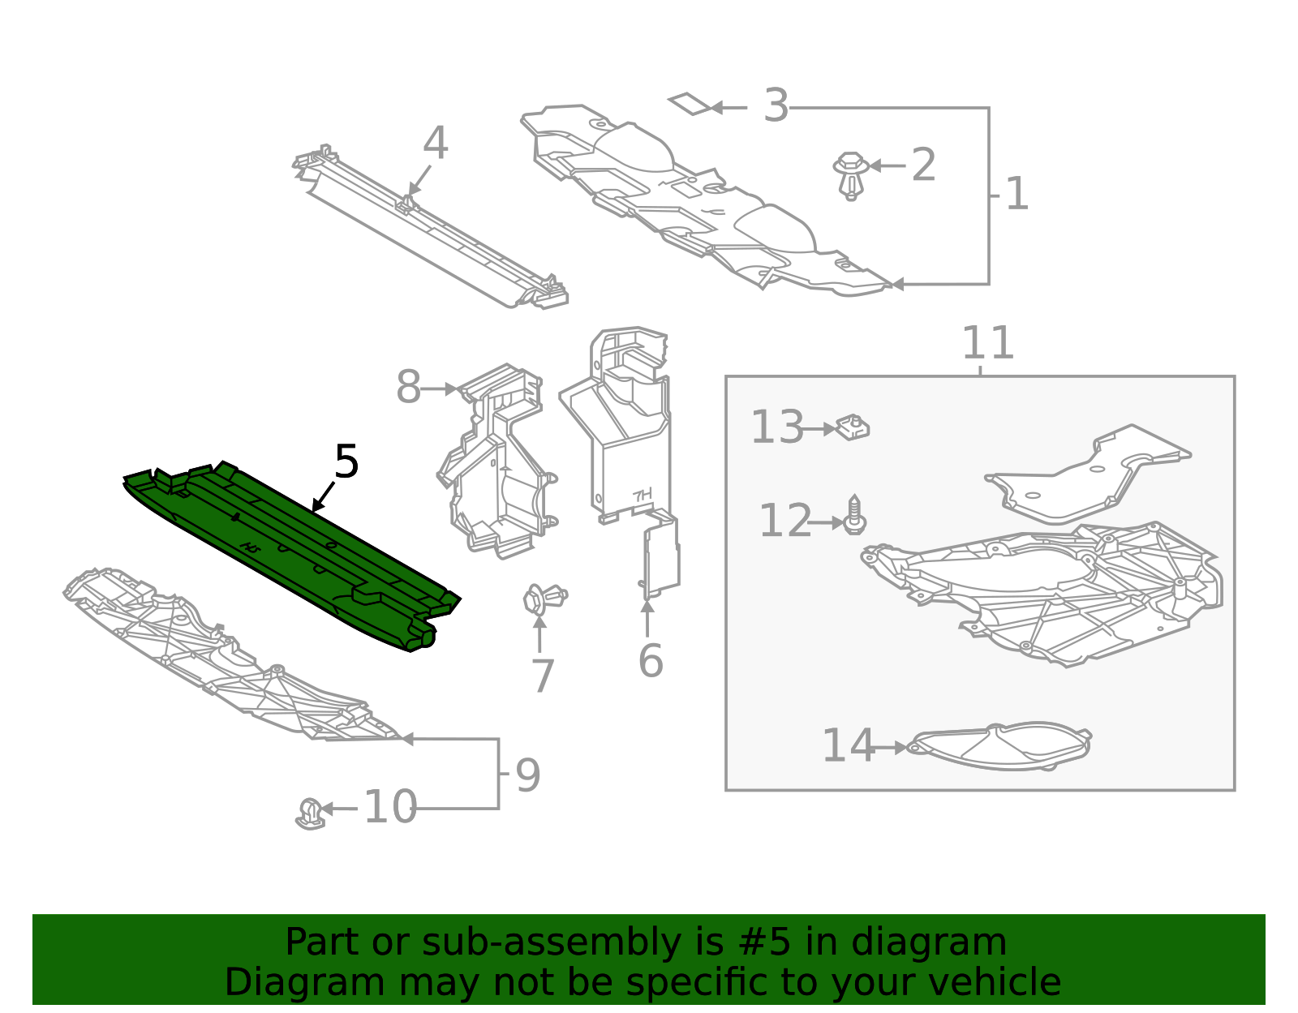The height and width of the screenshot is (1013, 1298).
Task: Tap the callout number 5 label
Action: (346, 463)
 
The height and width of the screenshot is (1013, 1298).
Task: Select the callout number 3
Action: (776, 106)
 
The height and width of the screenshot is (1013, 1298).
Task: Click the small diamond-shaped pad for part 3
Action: (690, 103)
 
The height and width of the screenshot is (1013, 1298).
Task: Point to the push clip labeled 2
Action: (850, 173)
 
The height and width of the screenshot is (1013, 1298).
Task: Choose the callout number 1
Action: (1016, 195)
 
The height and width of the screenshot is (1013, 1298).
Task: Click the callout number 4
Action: (436, 144)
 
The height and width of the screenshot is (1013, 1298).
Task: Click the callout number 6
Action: (651, 661)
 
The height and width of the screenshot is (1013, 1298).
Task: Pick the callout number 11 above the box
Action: (987, 344)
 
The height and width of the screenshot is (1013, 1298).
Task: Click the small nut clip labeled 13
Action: (853, 427)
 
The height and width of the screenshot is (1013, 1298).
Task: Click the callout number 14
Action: (849, 746)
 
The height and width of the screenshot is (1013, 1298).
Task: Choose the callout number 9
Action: (527, 776)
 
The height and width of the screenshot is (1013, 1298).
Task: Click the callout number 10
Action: (390, 808)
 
